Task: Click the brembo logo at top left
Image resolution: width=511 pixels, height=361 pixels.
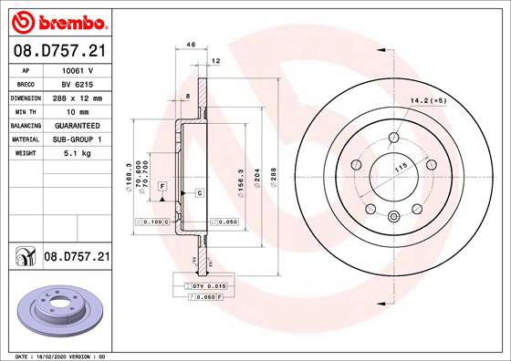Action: (57, 20)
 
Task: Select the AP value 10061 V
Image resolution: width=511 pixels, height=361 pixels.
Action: (78, 70)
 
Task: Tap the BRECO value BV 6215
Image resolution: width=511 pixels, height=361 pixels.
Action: (77, 83)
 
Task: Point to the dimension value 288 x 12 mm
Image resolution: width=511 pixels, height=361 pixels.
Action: (77, 97)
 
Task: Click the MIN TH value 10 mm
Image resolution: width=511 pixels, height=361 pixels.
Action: (77, 110)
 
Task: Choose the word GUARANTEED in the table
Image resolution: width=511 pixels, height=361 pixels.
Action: (77, 124)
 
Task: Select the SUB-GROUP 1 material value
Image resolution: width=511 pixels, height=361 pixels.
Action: (77, 139)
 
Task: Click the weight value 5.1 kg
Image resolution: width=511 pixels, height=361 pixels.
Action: (77, 152)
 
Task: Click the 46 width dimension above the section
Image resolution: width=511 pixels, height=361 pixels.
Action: (191, 44)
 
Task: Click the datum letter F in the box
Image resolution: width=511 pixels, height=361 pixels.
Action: (162, 186)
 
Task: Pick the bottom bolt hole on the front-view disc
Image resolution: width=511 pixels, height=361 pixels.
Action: (392, 216)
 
